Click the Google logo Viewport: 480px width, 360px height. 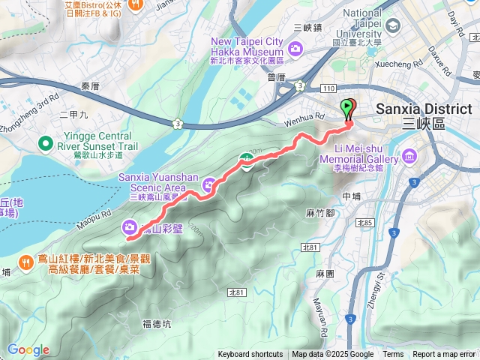pyautogui.click(x=28, y=349)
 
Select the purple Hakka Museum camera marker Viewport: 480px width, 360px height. pyautogui.click(x=295, y=48)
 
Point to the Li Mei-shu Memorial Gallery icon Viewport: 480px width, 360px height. pyautogui.click(x=409, y=156)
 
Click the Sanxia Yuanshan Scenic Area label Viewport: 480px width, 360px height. pyautogui.click(x=158, y=181)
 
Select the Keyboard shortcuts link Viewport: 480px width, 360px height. pyautogui.click(x=250, y=355)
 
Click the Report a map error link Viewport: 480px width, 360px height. pyautogui.click(x=443, y=355)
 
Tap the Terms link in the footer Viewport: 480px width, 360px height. pyautogui.click(x=393, y=355)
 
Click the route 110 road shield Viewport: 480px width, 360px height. pyautogui.click(x=328, y=88)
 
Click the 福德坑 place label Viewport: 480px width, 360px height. pyautogui.click(x=157, y=324)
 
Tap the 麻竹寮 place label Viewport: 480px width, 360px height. pyautogui.click(x=319, y=213)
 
